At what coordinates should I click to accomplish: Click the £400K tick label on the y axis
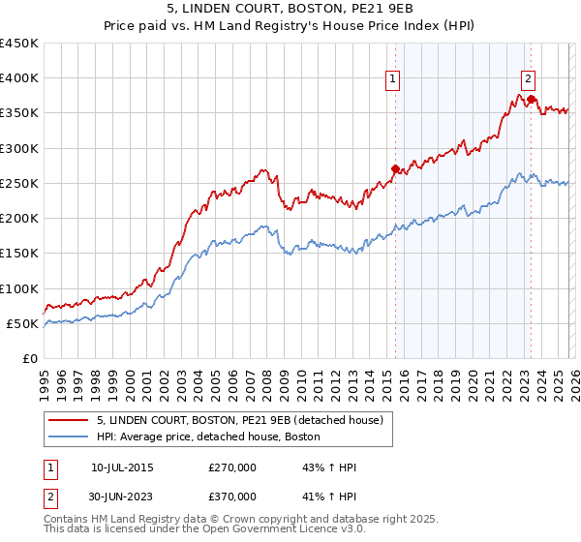coord(18,78)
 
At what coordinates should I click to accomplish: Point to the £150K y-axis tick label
coord(18,254)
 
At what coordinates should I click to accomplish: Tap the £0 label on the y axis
coord(29,358)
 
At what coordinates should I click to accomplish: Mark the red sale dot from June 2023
coord(532,99)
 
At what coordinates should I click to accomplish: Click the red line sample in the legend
coord(70,420)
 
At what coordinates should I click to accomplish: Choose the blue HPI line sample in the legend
coord(70,437)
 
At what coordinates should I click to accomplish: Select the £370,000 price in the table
coord(232,496)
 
